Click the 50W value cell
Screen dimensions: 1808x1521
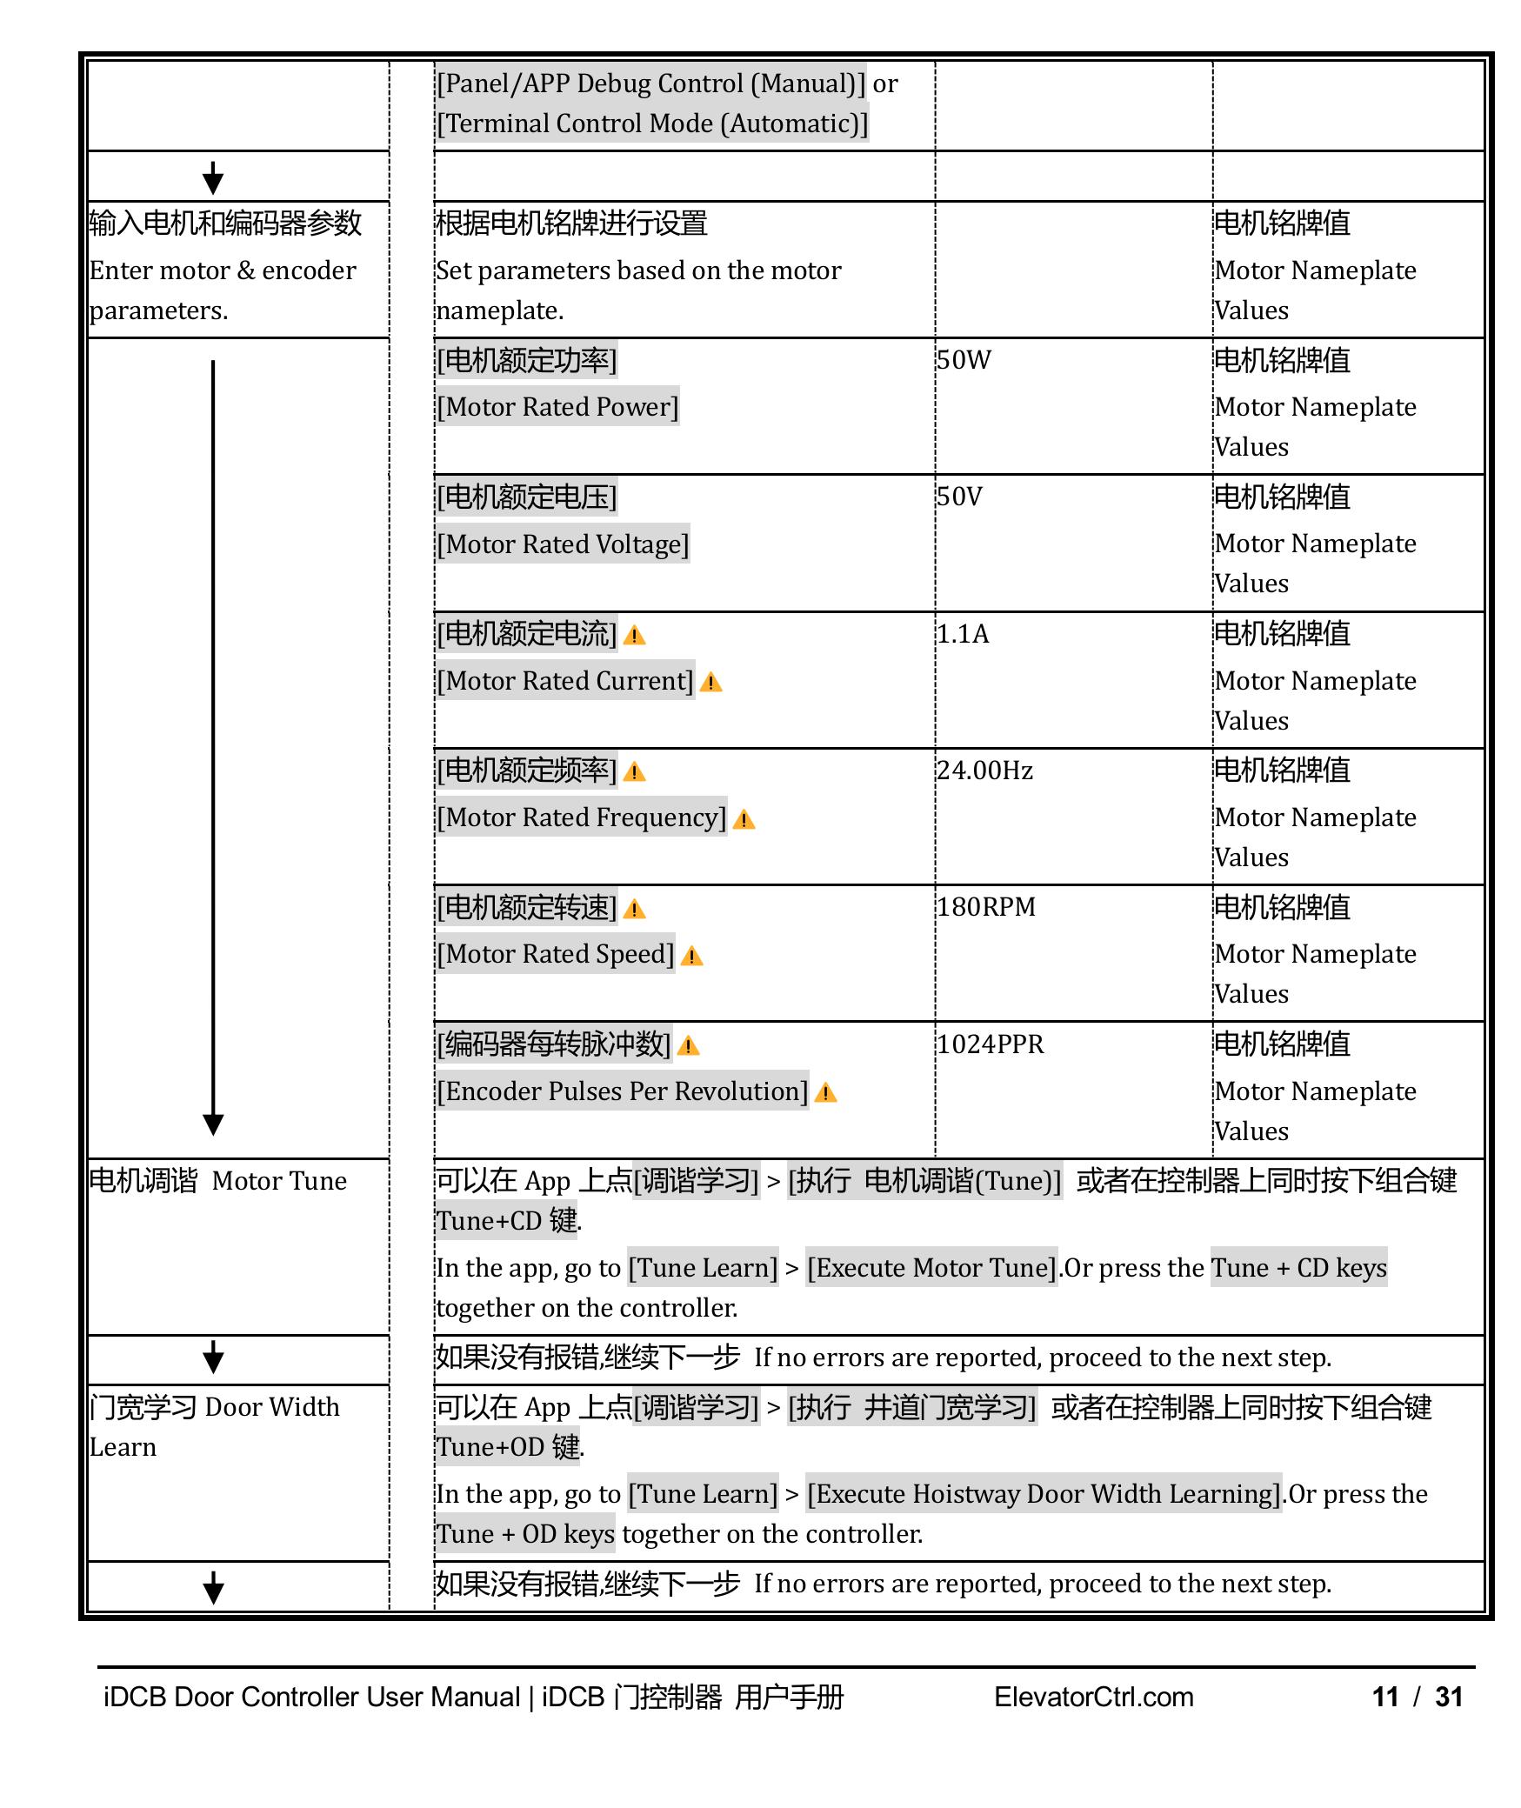964,360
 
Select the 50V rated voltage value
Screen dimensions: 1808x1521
959,497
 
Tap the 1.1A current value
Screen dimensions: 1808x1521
963,634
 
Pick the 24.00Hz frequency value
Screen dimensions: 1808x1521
984,771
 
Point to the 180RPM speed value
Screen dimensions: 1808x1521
986,907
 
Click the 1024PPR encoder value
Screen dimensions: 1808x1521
990,1044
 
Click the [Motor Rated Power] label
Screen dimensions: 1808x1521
557,407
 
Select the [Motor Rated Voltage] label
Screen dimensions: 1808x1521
563,544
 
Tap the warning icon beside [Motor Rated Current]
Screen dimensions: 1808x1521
710,683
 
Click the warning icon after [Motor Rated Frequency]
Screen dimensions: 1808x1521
744,819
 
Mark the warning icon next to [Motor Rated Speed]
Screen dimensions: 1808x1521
691,957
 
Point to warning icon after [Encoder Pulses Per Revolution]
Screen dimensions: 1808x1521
825,1093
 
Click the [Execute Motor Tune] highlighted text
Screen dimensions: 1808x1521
931,1268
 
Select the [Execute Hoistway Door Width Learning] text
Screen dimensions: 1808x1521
1044,1494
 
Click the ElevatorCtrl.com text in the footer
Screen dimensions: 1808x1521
1093,1697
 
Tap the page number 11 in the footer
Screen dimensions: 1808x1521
1385,1697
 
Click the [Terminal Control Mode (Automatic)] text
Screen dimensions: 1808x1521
652,123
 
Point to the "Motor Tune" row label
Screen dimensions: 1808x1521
278,1181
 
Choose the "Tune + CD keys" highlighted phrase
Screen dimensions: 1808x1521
1298,1268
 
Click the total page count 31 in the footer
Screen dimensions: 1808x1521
1449,1697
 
